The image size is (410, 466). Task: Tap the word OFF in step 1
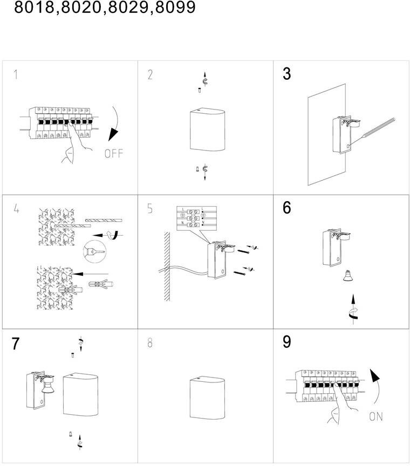(114, 154)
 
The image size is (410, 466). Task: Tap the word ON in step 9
(377, 416)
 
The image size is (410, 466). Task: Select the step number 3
(286, 74)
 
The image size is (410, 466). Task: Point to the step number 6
(286, 208)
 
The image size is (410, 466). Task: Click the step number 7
(16, 344)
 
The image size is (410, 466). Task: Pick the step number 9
(286, 342)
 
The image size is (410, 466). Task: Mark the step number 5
(150, 209)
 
